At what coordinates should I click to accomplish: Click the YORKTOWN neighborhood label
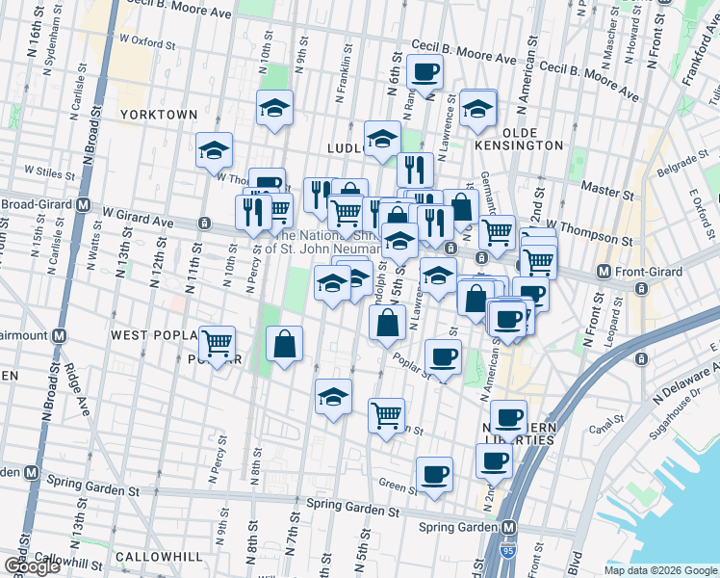tap(159, 115)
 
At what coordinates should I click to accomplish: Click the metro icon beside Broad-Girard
tap(84, 205)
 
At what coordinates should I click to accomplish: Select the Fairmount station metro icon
tap(61, 335)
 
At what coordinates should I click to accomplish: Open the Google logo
tap(32, 565)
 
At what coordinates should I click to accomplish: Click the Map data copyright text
tap(660, 570)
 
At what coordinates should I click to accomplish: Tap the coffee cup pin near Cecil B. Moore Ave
tap(424, 70)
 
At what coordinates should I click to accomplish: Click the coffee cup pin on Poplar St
tap(443, 357)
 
